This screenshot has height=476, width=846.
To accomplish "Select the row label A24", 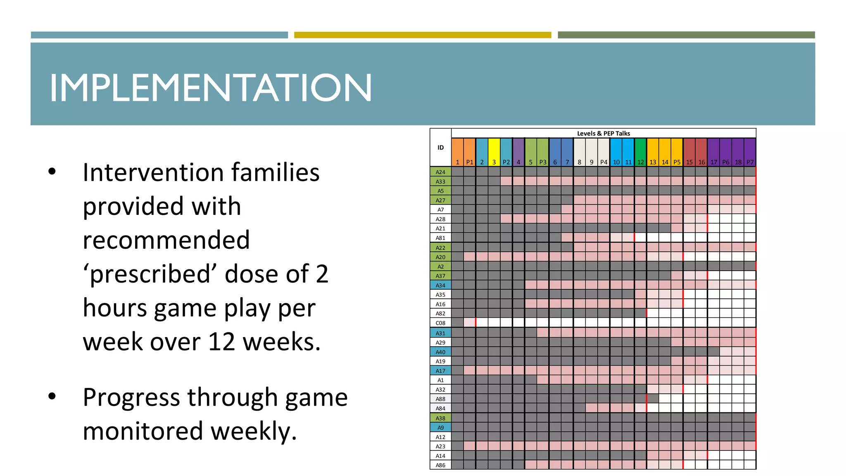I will point(440,172).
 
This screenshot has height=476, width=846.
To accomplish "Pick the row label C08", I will point(440,323).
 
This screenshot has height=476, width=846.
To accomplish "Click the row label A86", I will point(440,465).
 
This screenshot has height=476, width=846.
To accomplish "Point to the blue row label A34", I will point(440,286).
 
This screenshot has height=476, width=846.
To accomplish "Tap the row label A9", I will point(440,428).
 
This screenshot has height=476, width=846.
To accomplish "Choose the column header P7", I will point(750,152).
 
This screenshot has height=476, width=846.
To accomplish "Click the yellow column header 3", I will point(494,152).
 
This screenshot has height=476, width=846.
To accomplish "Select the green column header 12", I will point(640,152).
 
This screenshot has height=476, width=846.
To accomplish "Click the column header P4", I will point(604,152).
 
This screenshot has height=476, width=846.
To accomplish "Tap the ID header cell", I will point(440,148).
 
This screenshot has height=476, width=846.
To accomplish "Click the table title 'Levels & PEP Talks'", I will point(603,133).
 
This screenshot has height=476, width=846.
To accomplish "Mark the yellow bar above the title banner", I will point(422,35).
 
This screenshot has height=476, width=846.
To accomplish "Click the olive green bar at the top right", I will point(686,35).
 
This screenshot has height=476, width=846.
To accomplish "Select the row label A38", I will point(440,418).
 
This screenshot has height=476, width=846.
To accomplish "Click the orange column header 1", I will point(457,152).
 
